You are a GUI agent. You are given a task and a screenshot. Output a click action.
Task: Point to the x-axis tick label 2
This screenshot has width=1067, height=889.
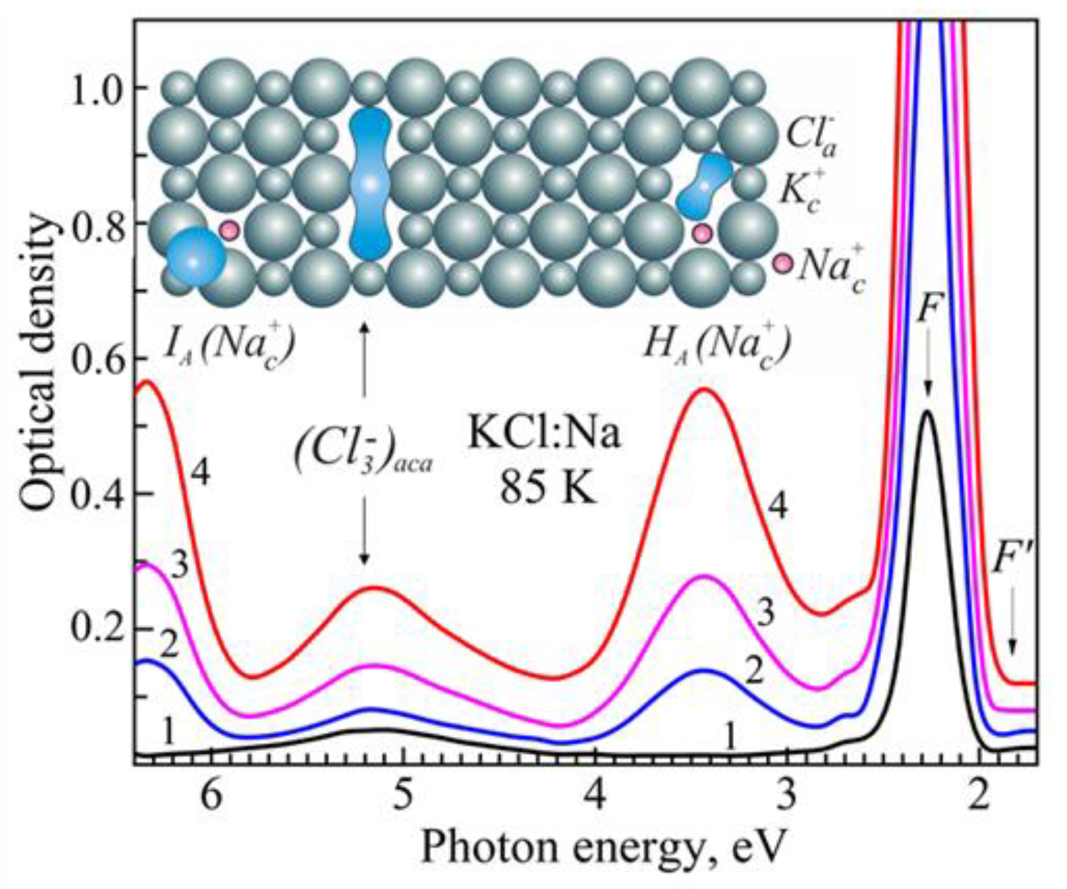coord(979,797)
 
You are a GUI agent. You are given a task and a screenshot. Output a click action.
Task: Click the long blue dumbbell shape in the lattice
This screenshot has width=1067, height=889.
coord(370,184)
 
